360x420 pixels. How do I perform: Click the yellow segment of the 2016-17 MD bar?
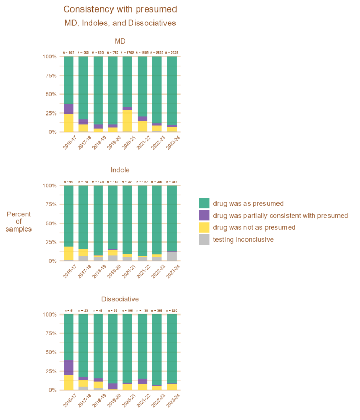68,123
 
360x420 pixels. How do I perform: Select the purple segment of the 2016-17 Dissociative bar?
68,367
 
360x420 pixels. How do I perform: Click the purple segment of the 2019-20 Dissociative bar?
112,386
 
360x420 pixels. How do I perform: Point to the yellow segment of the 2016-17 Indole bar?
68,253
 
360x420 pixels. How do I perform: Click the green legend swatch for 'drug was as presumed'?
204,203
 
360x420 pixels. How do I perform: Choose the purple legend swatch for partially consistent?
204,215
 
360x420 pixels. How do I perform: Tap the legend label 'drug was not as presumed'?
254,227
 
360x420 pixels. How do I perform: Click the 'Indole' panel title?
120,170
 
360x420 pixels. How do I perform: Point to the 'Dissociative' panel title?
120,299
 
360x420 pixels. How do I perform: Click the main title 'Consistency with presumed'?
120,9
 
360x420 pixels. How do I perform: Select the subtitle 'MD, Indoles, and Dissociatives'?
120,23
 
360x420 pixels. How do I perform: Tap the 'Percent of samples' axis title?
19,221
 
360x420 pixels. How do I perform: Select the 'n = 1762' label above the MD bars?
127,52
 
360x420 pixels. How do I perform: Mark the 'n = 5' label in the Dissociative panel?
68,311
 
